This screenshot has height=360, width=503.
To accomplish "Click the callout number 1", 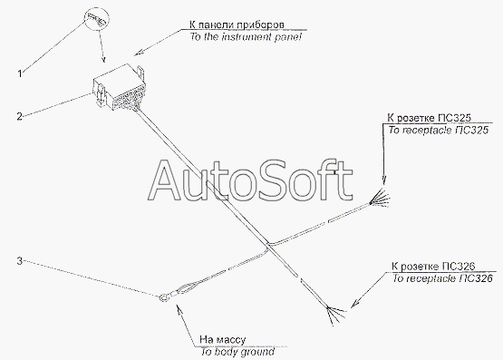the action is (20, 73).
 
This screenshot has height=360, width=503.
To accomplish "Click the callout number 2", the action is (20, 116).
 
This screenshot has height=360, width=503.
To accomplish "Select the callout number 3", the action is (20, 261).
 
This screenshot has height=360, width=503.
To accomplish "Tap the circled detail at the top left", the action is (97, 19).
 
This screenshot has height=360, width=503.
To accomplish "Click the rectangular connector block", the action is (119, 88).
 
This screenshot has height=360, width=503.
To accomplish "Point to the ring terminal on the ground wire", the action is (164, 298).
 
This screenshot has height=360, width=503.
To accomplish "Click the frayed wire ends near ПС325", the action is (381, 199).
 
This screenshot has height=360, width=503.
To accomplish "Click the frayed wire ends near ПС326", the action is (335, 315).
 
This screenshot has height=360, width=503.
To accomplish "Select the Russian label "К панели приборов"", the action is (237, 24).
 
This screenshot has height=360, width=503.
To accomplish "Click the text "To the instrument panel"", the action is (246, 36).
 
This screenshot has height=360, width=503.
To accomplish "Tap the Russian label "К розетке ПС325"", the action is (430, 118).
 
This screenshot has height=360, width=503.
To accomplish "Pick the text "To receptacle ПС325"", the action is (439, 130).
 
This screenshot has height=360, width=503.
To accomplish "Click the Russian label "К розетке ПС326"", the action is (433, 267).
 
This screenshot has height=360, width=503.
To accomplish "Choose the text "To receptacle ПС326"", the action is (442, 278).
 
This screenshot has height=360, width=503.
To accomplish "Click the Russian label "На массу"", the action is (223, 339).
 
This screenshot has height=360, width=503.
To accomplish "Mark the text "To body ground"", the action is (237, 352).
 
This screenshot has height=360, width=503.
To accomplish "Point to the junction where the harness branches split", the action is (269, 246).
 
